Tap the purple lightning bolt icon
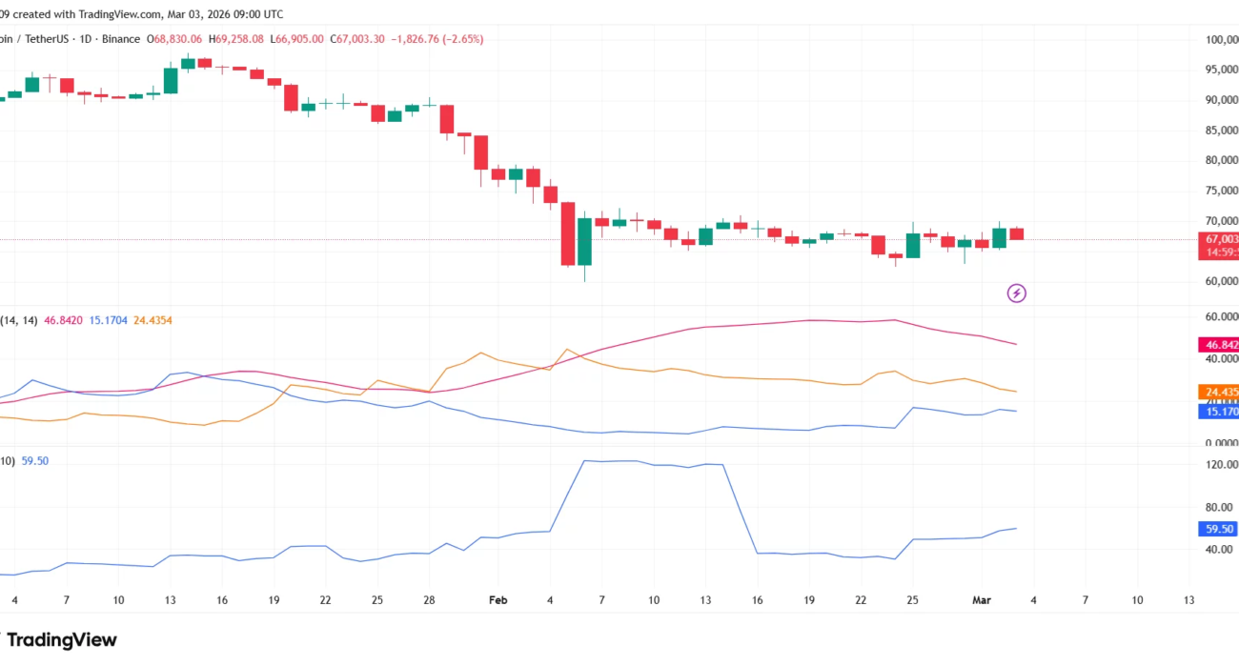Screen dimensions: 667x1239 (x=1017, y=293)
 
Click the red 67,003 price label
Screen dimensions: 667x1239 (x=1221, y=239)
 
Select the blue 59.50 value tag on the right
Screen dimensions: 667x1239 (x=1219, y=529)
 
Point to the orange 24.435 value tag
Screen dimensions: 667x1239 (x=1221, y=392)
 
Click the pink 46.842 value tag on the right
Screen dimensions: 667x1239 (x=1221, y=344)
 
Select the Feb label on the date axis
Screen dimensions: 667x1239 (x=498, y=600)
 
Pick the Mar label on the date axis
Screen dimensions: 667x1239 (x=982, y=600)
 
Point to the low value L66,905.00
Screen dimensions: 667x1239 (x=297, y=39)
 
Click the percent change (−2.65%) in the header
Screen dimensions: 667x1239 (x=457, y=39)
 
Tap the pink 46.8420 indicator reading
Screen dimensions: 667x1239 (x=64, y=321)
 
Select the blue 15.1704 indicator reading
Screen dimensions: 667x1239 (x=111, y=321)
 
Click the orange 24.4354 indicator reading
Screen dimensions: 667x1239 (x=152, y=321)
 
